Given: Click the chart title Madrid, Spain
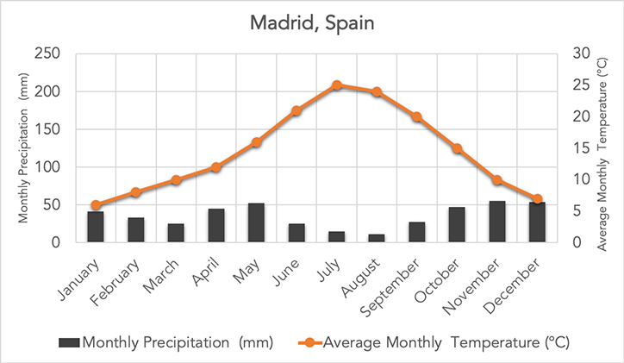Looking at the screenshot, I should (x=313, y=22).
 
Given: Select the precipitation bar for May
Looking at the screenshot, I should (x=256, y=222).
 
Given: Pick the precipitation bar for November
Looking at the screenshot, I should (x=497, y=222).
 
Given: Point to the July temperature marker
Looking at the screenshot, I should (x=337, y=85).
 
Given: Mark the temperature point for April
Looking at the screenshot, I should (x=216, y=167).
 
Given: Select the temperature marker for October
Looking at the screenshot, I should (x=458, y=148).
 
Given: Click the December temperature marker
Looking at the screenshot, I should (x=537, y=199).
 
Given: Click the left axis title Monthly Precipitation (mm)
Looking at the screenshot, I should (x=24, y=147).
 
